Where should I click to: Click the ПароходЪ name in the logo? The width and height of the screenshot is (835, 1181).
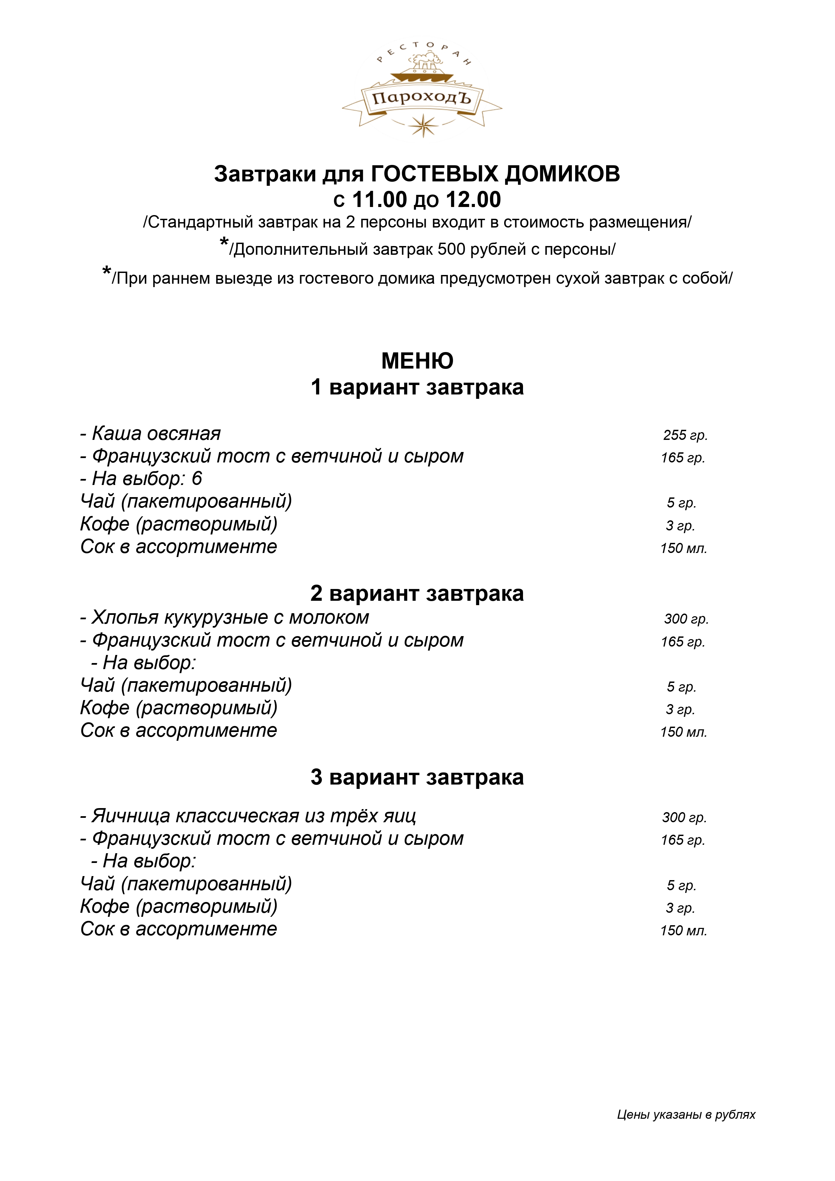422,98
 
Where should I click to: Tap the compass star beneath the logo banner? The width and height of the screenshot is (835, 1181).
423,125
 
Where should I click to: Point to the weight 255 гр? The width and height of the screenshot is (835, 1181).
685,435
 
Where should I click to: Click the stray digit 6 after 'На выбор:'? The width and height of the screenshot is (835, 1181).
197,479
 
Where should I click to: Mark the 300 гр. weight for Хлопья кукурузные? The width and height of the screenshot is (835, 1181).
686,619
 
